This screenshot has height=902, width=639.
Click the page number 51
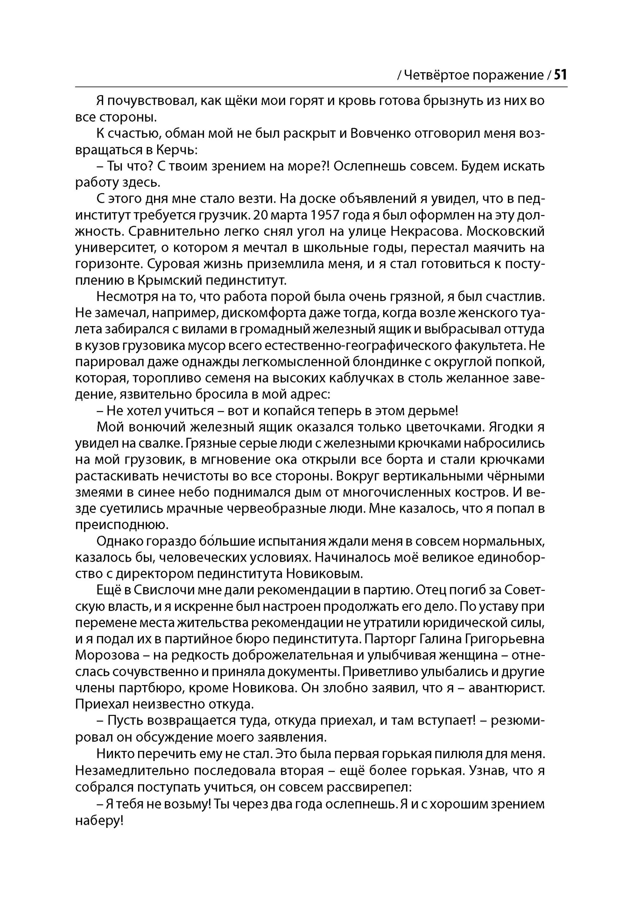[560, 75]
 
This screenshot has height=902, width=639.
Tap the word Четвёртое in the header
[437, 75]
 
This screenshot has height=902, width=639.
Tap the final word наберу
[99, 820]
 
